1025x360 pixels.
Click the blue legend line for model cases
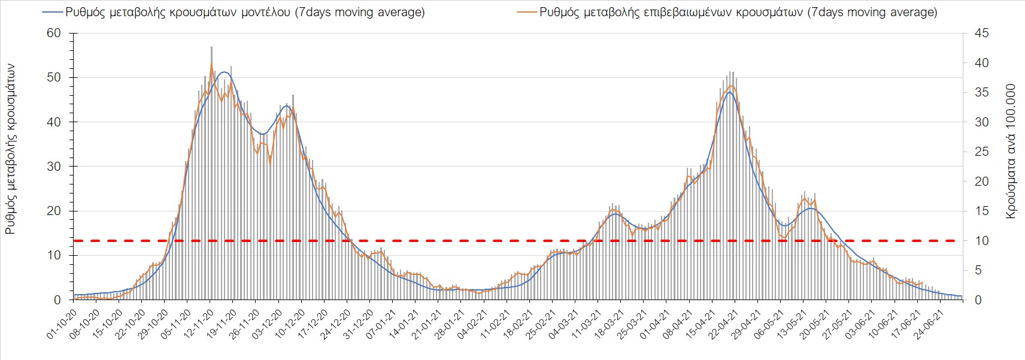53,13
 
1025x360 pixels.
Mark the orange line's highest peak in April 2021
731,86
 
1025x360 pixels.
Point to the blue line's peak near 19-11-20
225,72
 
